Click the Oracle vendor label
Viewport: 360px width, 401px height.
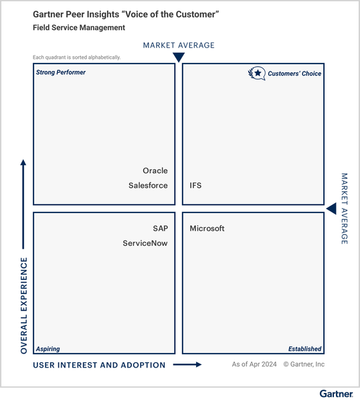(155, 170)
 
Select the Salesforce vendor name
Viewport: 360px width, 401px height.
(148, 185)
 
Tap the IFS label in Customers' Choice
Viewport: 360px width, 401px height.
(195, 185)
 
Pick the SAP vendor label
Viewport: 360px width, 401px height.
(161, 229)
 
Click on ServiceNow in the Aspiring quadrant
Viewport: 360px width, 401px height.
(145, 243)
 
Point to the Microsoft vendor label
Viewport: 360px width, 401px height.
(207, 229)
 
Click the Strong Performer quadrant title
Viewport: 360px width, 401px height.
(61, 72)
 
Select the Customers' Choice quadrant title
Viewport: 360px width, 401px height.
(294, 74)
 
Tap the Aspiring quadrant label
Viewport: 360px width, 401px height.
(48, 349)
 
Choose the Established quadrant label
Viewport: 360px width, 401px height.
(304, 349)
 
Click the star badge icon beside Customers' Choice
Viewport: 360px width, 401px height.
(257, 74)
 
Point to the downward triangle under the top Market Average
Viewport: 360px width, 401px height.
(179, 57)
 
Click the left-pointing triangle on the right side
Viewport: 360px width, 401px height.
(332, 209)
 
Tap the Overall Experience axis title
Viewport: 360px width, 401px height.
(24, 305)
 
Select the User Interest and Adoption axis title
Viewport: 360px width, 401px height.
(99, 365)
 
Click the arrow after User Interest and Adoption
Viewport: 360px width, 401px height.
(187, 364)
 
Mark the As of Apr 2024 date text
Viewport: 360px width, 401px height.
(254, 364)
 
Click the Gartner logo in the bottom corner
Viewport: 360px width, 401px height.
(336, 394)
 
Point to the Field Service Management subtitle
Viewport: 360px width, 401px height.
(79, 27)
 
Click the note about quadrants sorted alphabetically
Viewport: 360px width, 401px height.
(76, 57)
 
